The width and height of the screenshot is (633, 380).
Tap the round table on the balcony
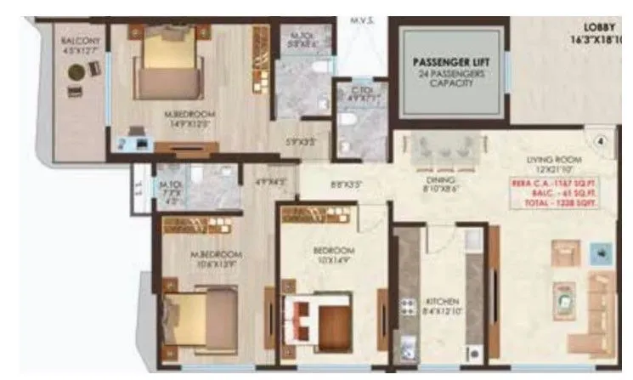pyautogui.click(x=74, y=71)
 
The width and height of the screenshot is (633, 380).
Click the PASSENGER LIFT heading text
pyautogui.click(x=447, y=62)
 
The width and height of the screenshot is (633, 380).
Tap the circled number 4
pyautogui.click(x=600, y=142)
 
